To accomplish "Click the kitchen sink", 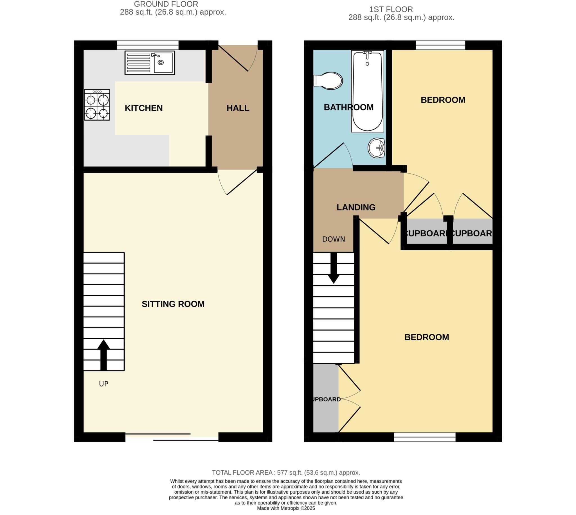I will coord(150,63).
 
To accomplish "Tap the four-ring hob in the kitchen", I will coord(97,105).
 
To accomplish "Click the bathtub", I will coord(367,91).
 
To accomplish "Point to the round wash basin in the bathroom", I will coord(376,148).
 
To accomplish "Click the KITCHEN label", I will coord(143,108).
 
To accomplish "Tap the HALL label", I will coord(238,108).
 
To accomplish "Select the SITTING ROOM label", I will coord(173,304).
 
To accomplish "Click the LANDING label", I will coord(356,207).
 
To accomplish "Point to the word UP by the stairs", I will coord(103,384).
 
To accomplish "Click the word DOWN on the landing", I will coord(334,240).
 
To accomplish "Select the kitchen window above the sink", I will coord(147,45).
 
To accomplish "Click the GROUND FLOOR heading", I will coord(166,4).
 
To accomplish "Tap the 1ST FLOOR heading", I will coord(391,9).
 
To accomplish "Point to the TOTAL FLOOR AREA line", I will coord(286,473).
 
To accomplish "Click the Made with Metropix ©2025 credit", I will coord(286,508).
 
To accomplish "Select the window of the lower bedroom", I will coord(425,437).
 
